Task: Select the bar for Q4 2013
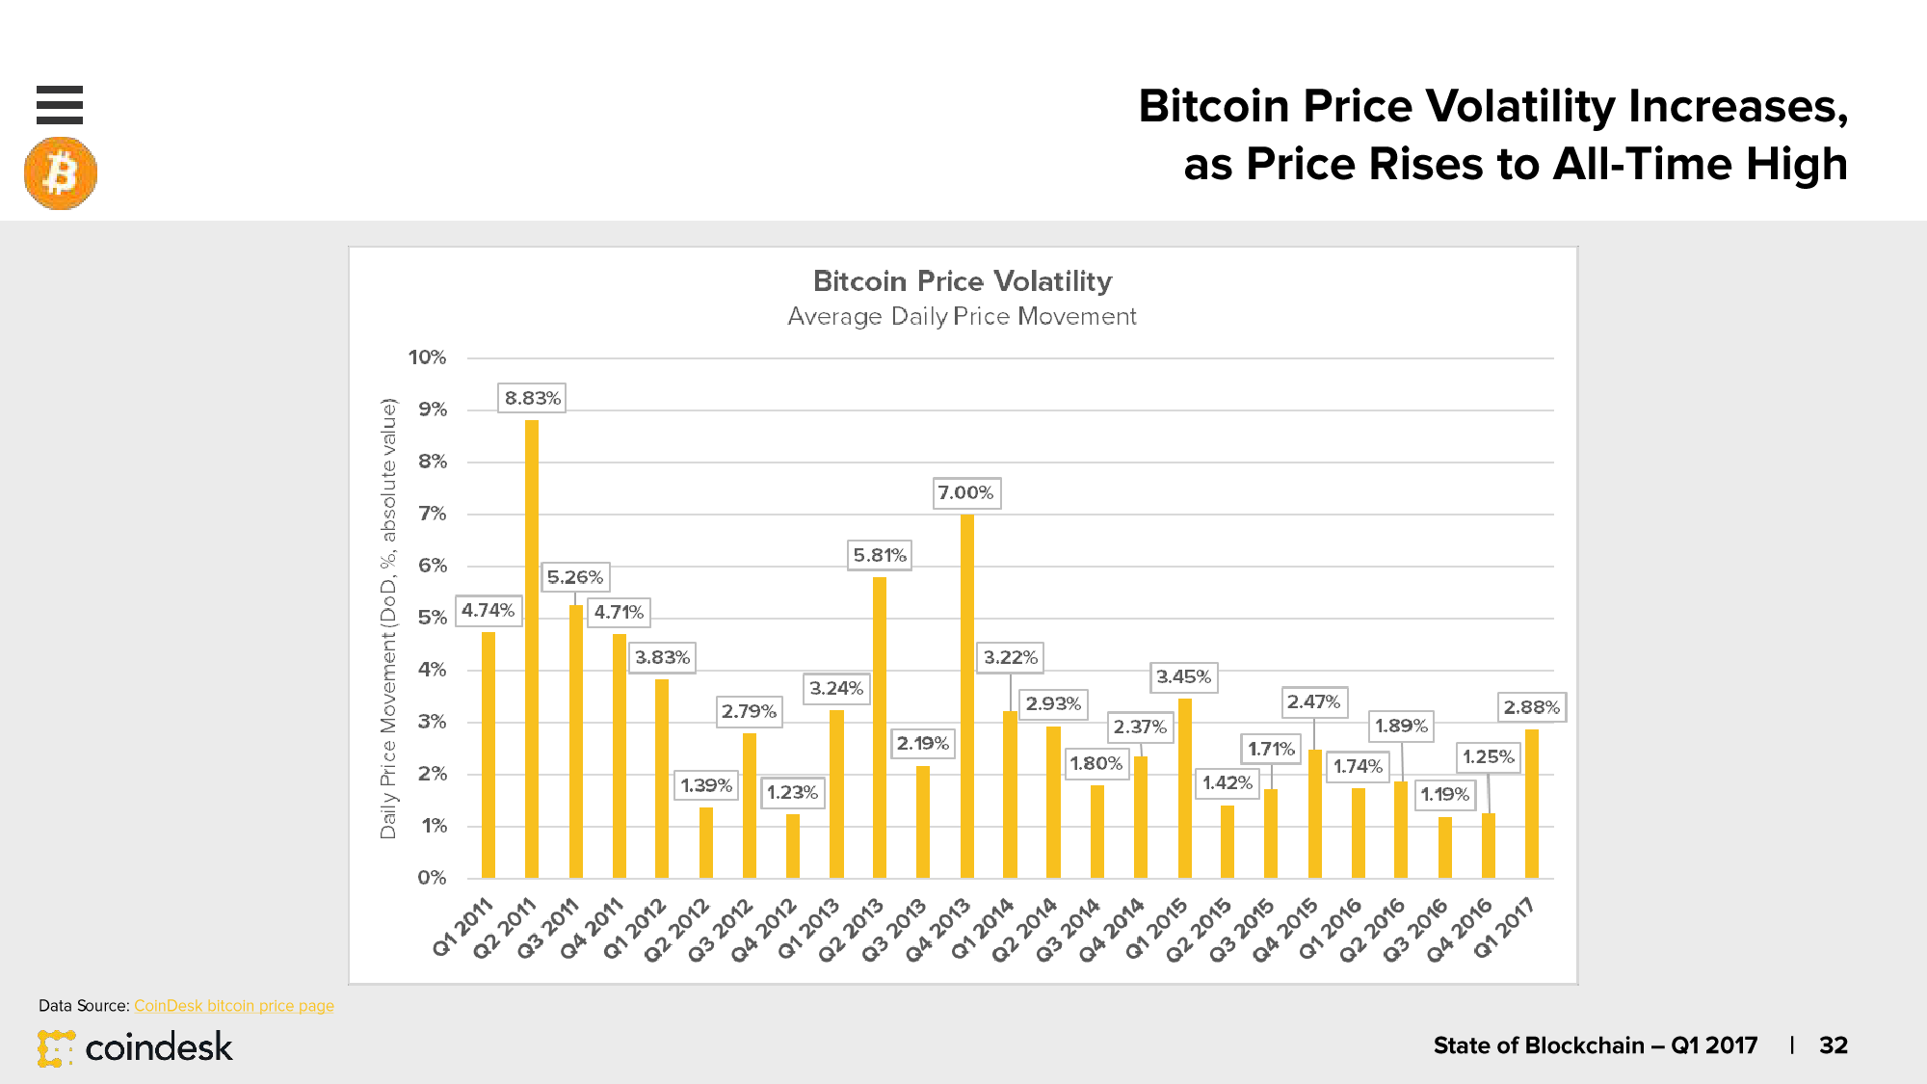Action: coord(967,696)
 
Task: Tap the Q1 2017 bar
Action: coord(1532,804)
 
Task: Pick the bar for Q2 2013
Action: coord(880,727)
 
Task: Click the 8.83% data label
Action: coord(532,398)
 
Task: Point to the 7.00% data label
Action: coord(965,493)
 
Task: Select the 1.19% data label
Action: coord(1444,795)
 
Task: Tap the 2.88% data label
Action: coord(1531,707)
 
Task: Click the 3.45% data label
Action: coord(1183,677)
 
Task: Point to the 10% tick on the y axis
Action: coord(427,357)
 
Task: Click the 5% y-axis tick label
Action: coord(432,618)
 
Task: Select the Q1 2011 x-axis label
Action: coord(463,927)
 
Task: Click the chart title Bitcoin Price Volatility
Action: coord(963,281)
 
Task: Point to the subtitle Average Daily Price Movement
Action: coord(962,316)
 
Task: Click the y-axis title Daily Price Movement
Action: coord(388,618)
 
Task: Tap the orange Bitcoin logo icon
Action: coord(61,173)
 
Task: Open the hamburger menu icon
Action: coord(60,105)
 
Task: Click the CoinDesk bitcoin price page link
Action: coord(234,1006)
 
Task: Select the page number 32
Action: coord(1833,1045)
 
